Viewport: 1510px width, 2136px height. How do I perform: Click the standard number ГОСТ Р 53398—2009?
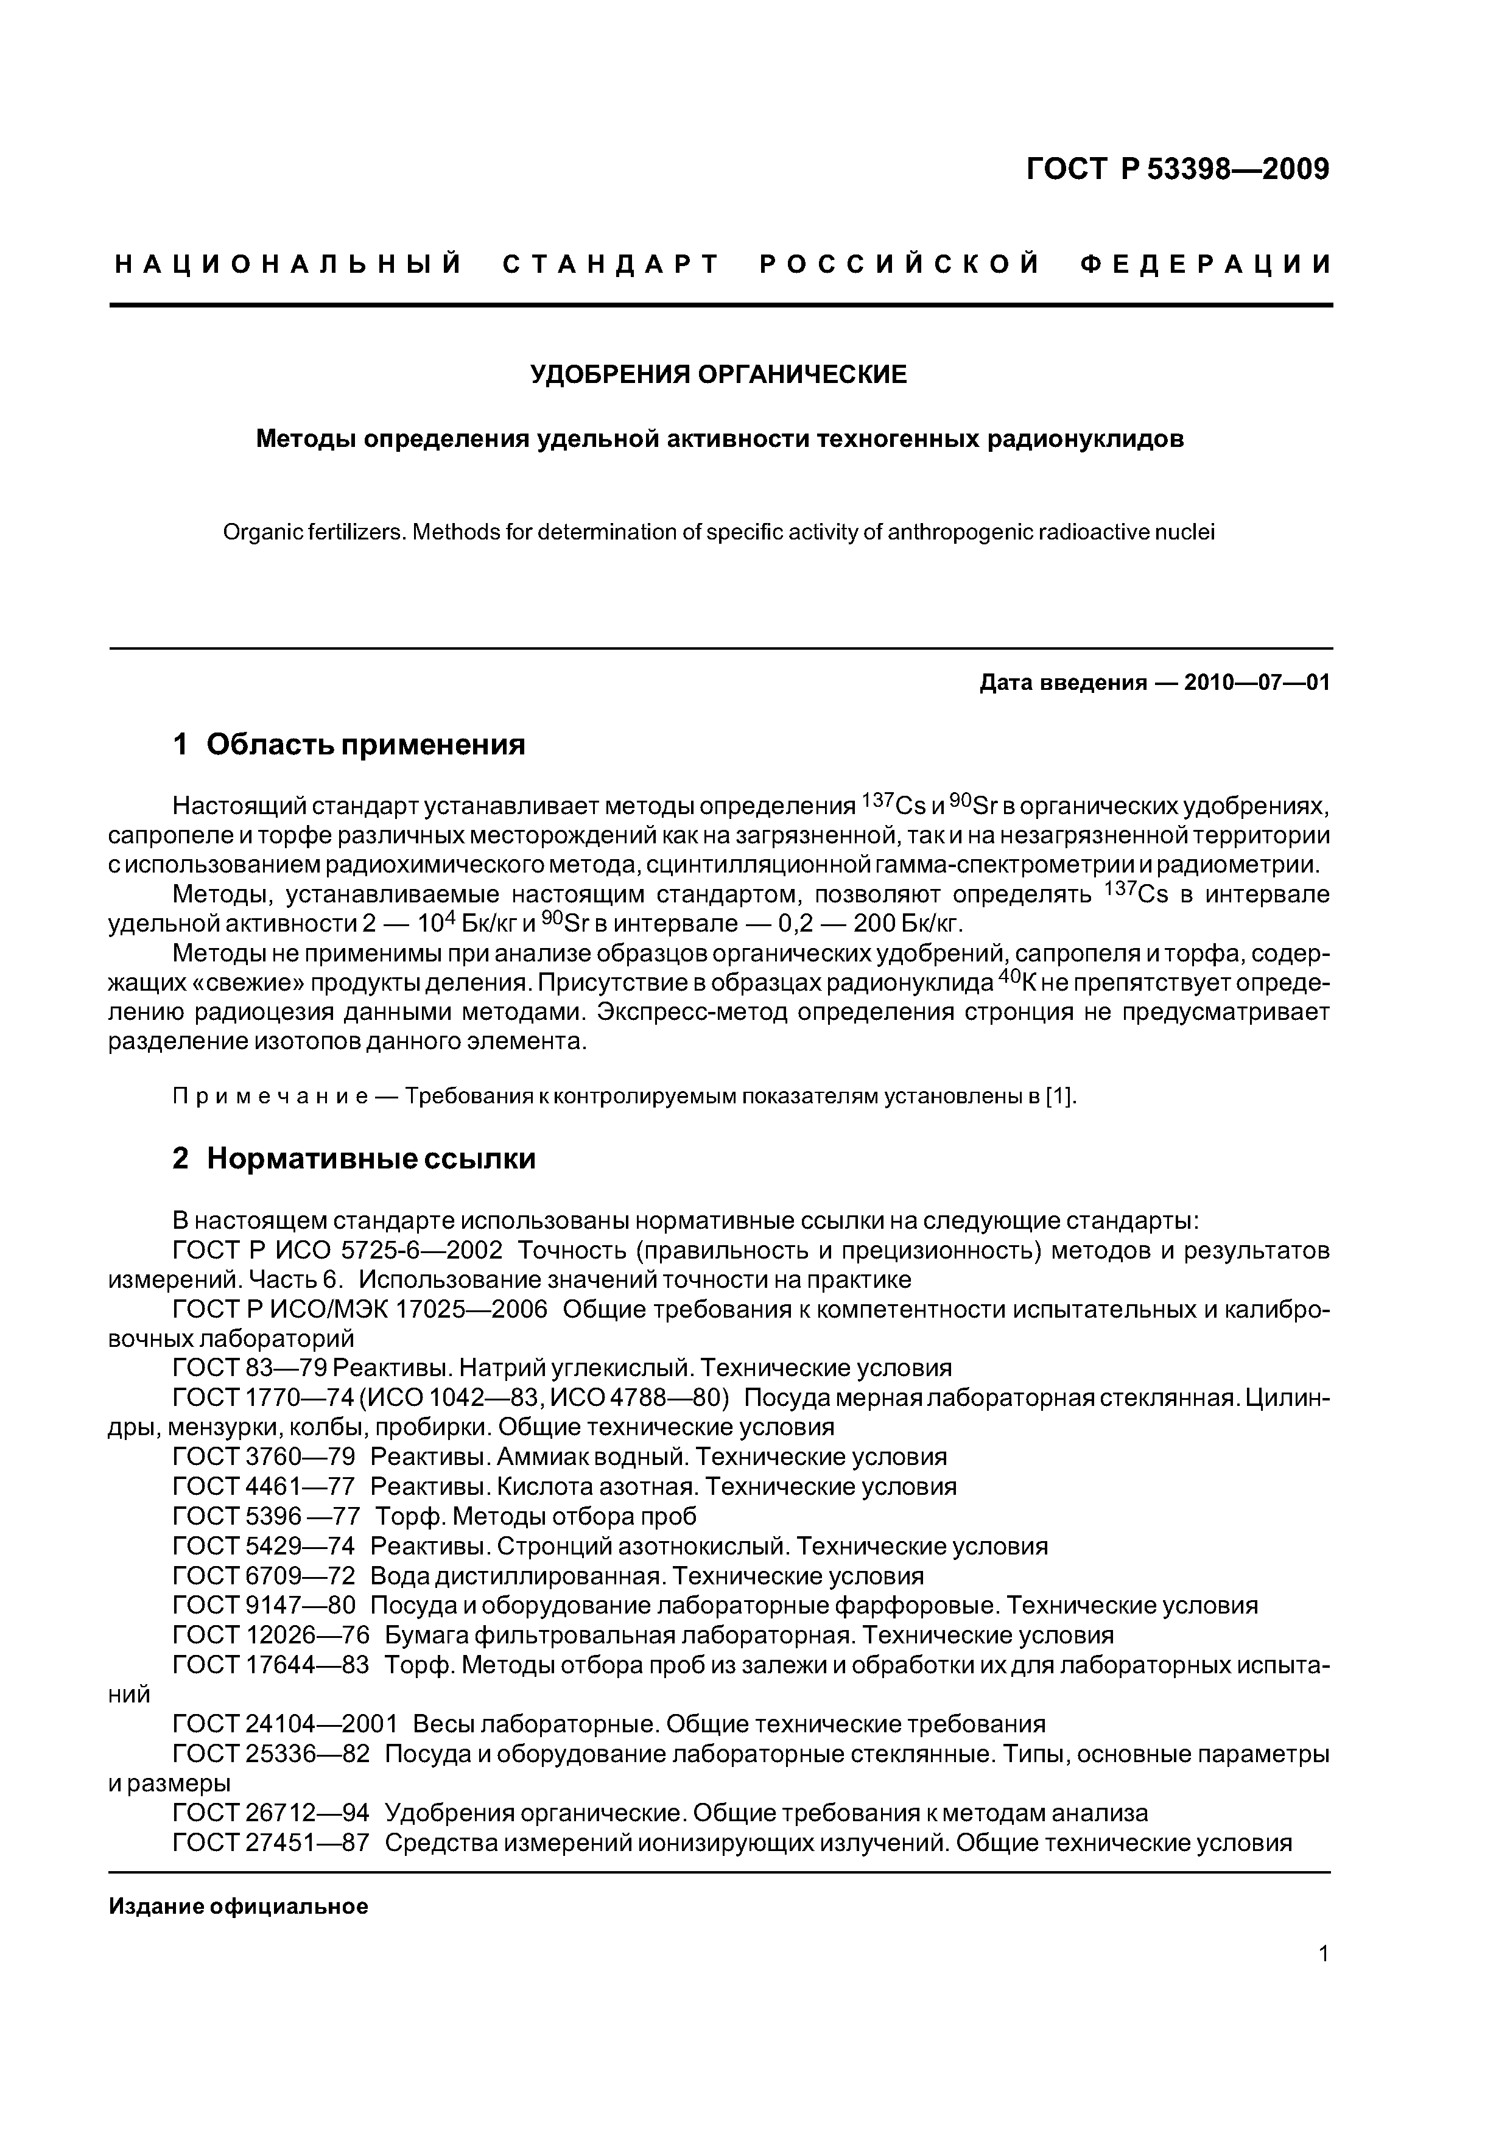(1177, 170)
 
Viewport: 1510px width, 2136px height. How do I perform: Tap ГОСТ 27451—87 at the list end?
(271, 1843)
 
